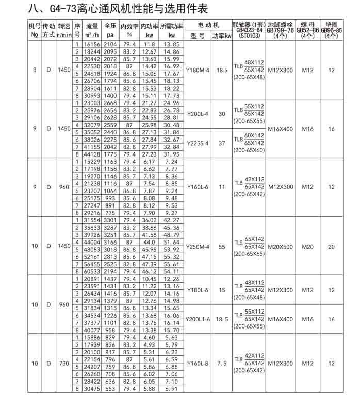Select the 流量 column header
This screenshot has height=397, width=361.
92,25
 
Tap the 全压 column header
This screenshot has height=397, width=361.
110,25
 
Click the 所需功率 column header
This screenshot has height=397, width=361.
172,25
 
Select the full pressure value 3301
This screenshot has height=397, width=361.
110,221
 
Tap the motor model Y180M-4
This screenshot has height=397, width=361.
198,70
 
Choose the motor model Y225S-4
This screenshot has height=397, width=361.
198,143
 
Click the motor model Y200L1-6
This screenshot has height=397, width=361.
198,319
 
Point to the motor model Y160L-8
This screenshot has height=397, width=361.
198,364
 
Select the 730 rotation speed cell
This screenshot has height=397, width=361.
64,364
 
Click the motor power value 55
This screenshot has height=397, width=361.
222,246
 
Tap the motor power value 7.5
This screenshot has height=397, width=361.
222,364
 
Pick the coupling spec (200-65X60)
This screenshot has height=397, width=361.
249,150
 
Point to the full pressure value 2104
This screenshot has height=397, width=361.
110,45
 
